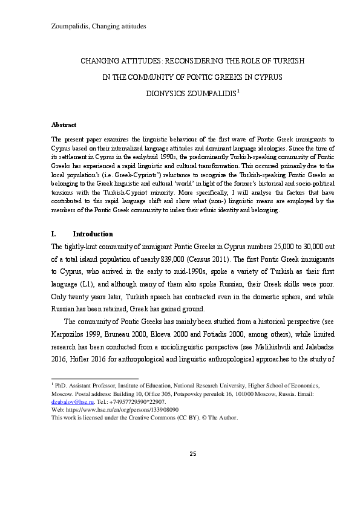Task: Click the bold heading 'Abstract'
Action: (64, 124)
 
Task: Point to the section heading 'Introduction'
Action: (93, 234)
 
